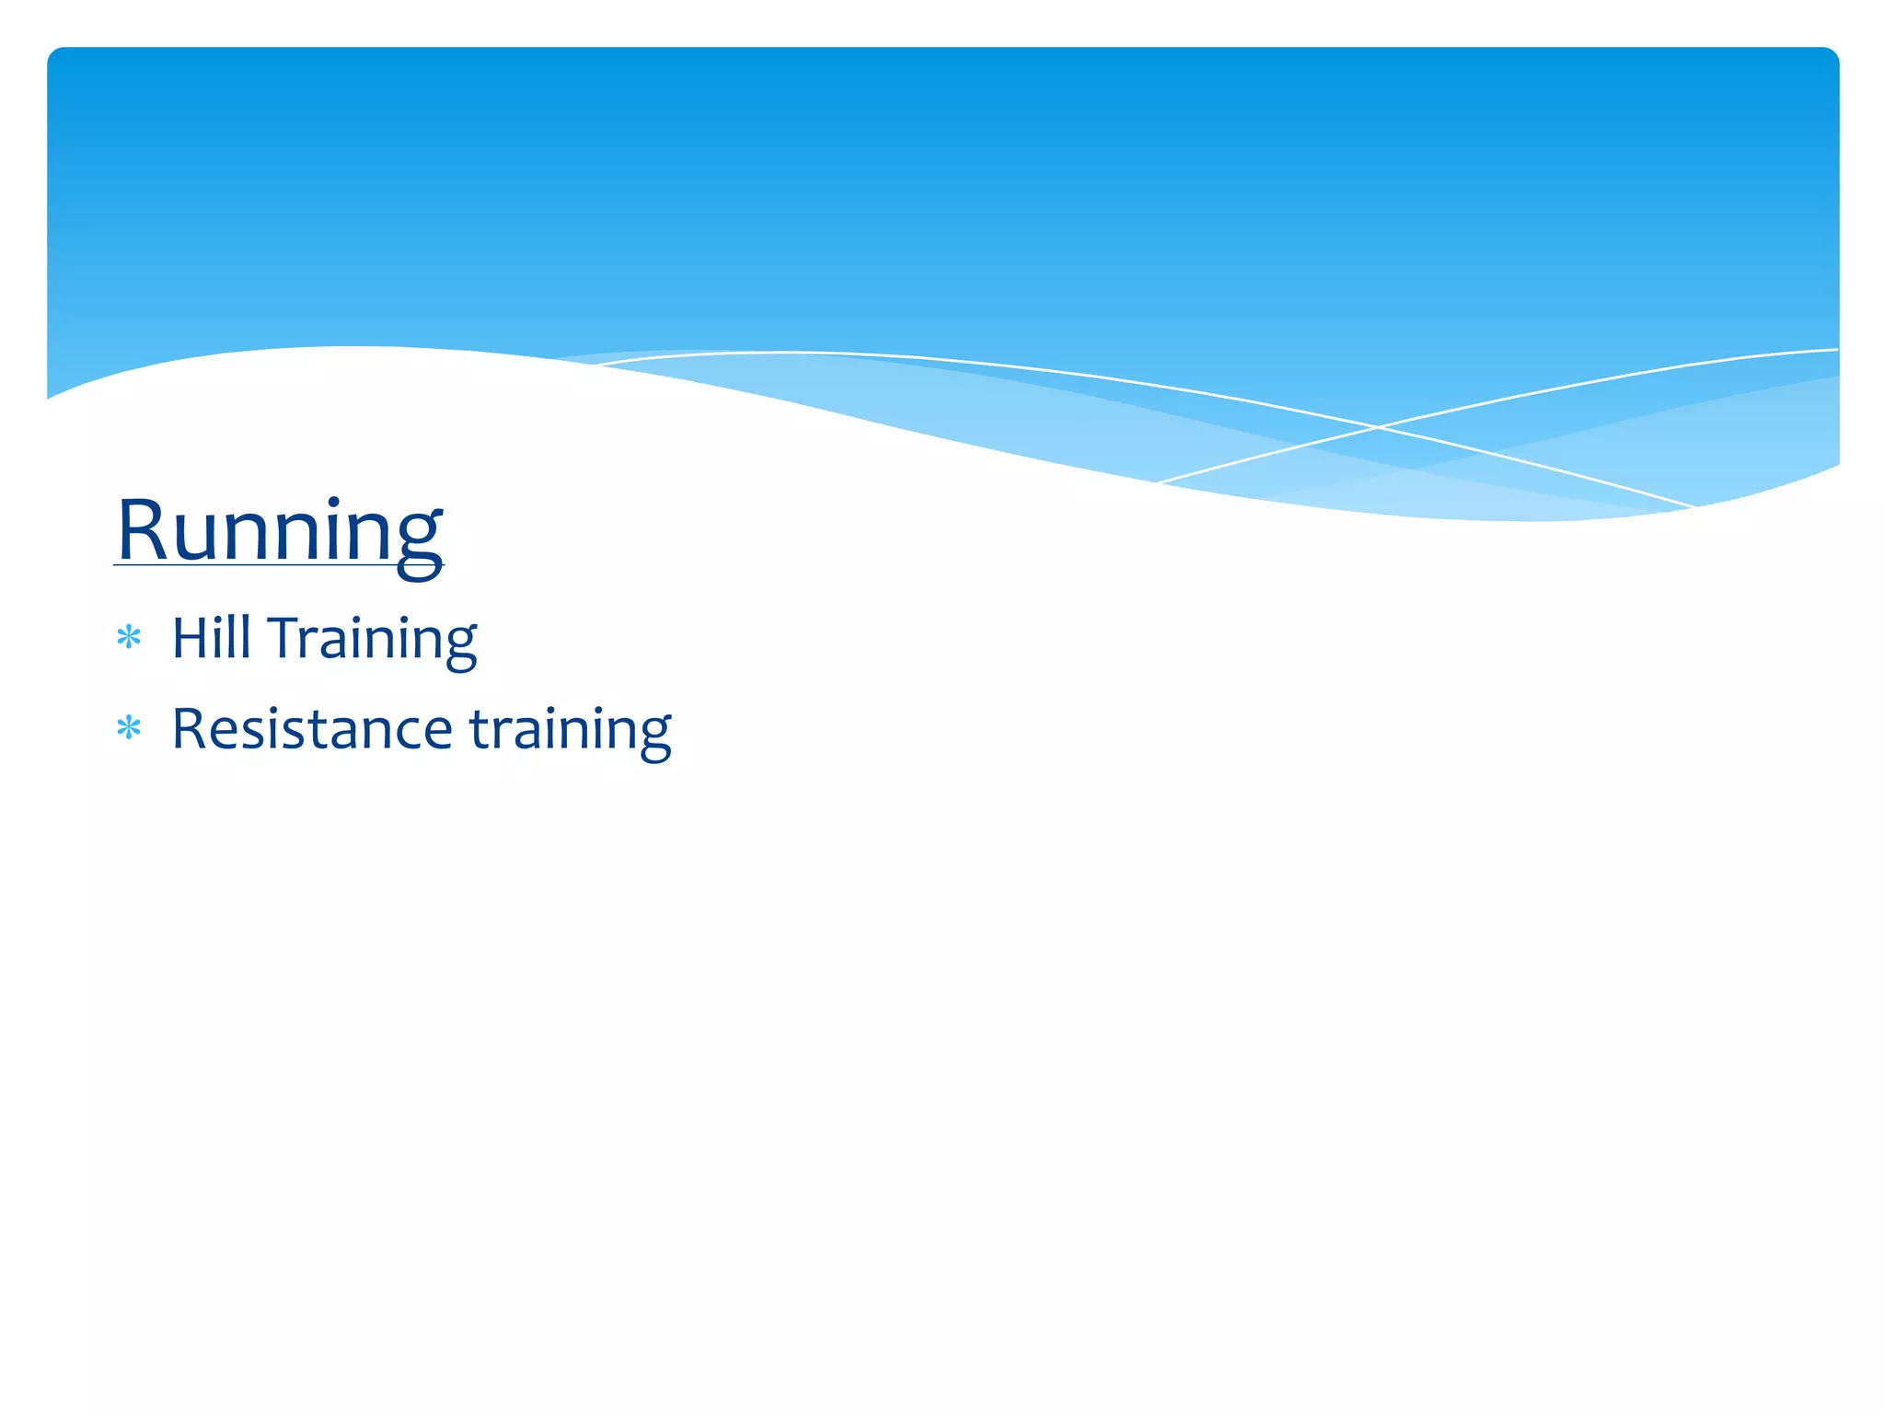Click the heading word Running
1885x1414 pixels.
coord(279,531)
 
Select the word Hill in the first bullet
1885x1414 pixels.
coord(211,638)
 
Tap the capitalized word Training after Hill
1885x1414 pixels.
coord(372,639)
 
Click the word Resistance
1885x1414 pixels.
coord(312,728)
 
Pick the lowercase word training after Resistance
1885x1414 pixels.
coord(570,730)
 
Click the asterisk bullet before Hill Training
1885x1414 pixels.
coord(129,637)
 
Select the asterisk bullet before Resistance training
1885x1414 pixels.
coord(129,728)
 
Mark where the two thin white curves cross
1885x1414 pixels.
coord(1378,427)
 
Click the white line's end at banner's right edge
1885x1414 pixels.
coord(1836,350)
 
